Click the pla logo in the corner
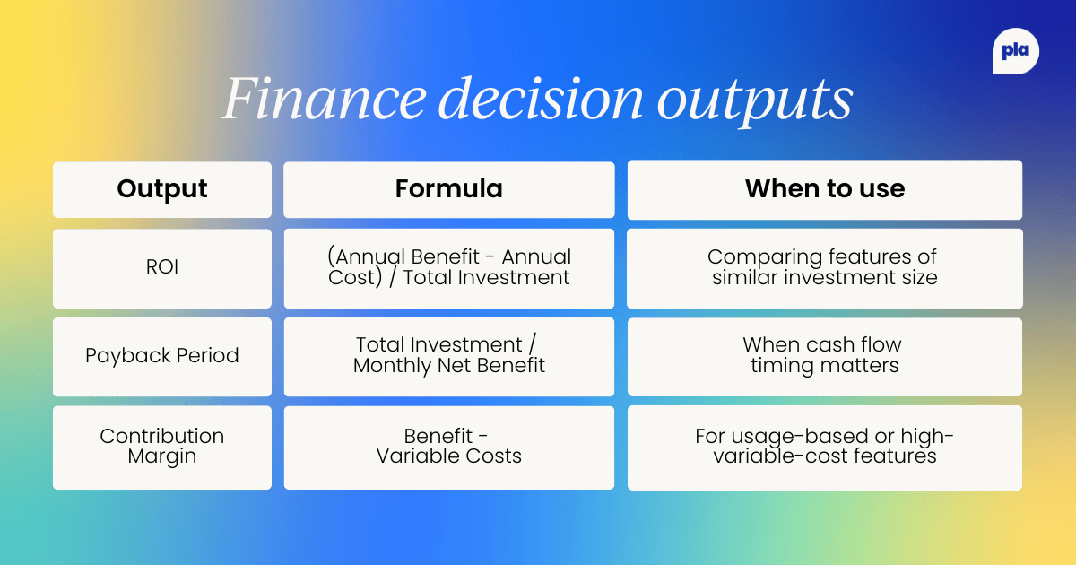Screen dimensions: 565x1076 1015,53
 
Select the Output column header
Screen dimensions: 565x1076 162,189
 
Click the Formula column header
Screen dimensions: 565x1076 448,189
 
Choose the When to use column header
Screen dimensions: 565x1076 824,189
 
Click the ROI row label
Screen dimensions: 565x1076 162,268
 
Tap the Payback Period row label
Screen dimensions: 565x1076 162,356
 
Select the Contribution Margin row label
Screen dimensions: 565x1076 162,447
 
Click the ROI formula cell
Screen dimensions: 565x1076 448,268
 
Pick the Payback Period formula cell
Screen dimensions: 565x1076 448,356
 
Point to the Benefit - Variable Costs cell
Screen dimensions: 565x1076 448,447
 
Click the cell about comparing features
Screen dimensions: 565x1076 824,268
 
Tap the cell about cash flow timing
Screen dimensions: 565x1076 824,356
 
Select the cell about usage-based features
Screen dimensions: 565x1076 824,447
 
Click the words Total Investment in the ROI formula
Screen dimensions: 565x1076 487,278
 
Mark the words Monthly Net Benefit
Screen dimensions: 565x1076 448,366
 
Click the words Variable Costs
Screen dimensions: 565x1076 448,456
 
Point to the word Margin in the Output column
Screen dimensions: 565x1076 162,456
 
